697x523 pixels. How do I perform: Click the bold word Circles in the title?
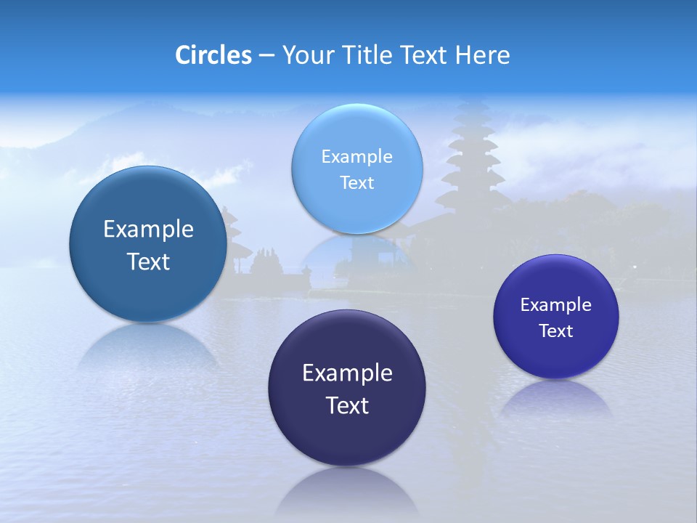click(x=213, y=55)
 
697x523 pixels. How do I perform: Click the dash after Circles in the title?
click(x=266, y=56)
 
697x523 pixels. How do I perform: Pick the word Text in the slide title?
click(x=425, y=55)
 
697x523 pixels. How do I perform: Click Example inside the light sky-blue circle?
click(x=356, y=156)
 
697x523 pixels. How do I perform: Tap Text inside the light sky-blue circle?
click(x=356, y=182)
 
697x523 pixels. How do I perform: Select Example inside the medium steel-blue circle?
click(x=148, y=229)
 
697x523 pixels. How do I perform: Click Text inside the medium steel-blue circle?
click(x=148, y=261)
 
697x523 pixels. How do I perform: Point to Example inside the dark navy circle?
click(x=347, y=373)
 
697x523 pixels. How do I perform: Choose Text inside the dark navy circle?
click(x=347, y=405)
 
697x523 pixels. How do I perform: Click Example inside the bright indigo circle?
click(x=555, y=304)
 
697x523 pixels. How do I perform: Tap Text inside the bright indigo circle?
click(x=555, y=331)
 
